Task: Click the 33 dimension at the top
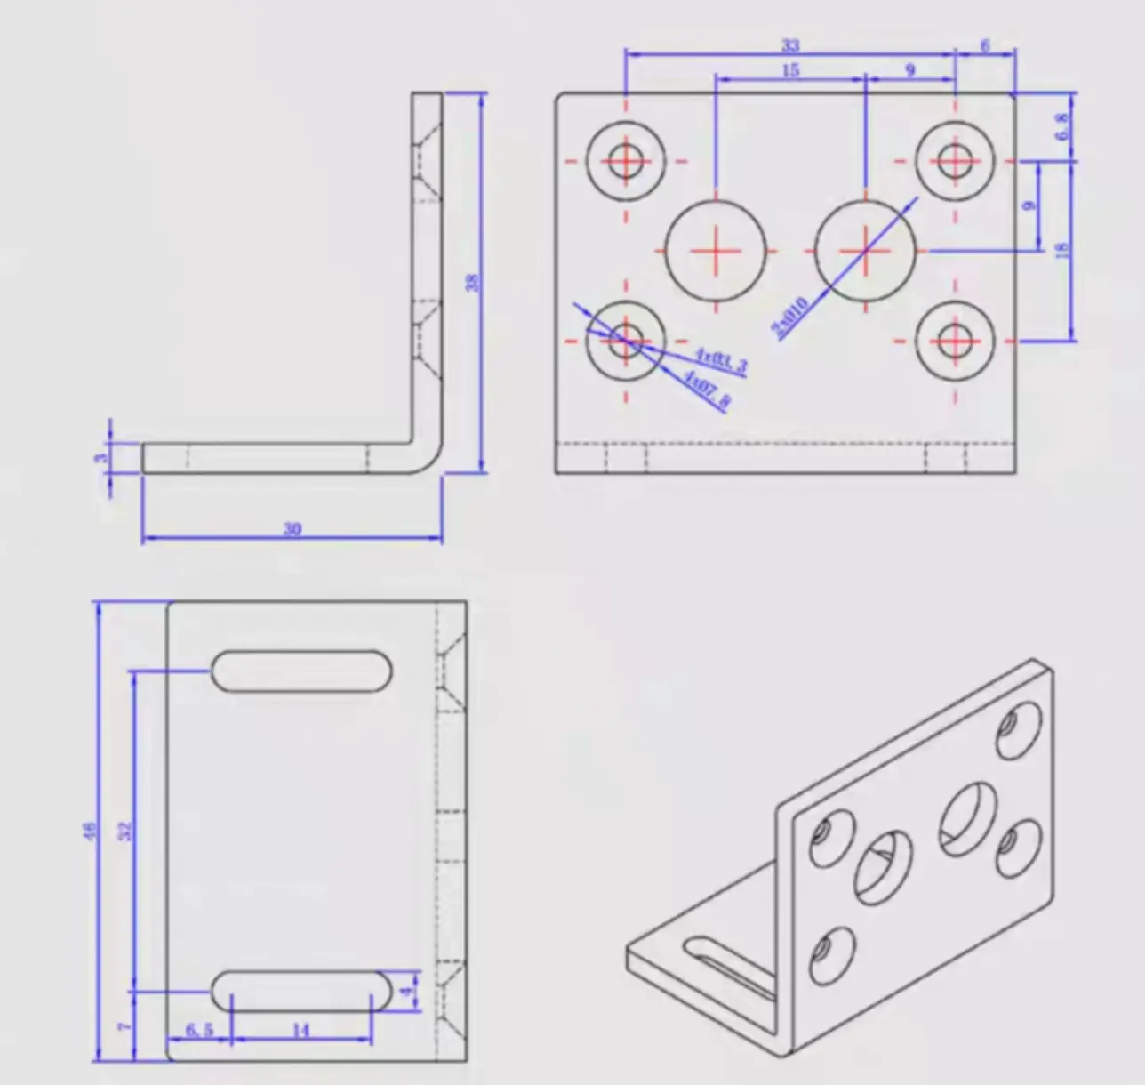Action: pyautogui.click(x=790, y=45)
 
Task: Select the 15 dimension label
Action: pyautogui.click(x=790, y=70)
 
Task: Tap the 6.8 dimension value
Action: pyautogui.click(x=1061, y=126)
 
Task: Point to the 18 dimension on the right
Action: pyautogui.click(x=1061, y=251)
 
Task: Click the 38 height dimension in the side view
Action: pyautogui.click(x=473, y=282)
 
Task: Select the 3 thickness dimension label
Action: pyautogui.click(x=102, y=458)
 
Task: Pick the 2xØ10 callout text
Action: pyautogui.click(x=790, y=317)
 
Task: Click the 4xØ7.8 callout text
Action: pyautogui.click(x=708, y=390)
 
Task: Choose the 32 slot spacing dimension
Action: pyautogui.click(x=125, y=830)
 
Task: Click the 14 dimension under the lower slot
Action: pyautogui.click(x=300, y=1031)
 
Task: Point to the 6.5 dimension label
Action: pyautogui.click(x=199, y=1030)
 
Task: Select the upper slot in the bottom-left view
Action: pyautogui.click(x=301, y=671)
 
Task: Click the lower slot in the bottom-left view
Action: pyautogui.click(x=301, y=991)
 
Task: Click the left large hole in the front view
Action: pyautogui.click(x=717, y=251)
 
